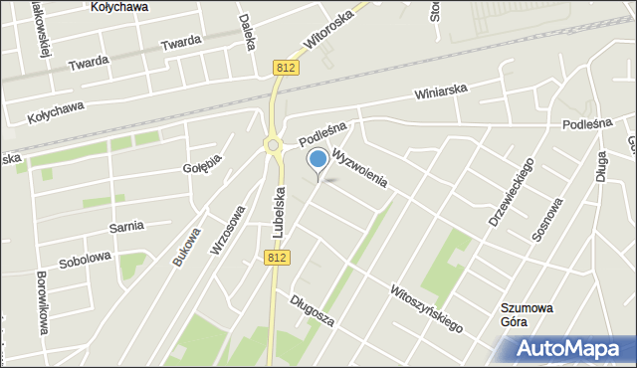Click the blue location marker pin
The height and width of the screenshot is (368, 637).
318,160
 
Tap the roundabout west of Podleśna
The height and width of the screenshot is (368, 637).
272,146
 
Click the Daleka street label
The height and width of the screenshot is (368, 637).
248,34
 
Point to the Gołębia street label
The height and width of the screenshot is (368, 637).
202,161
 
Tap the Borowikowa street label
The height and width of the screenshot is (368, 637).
43,302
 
